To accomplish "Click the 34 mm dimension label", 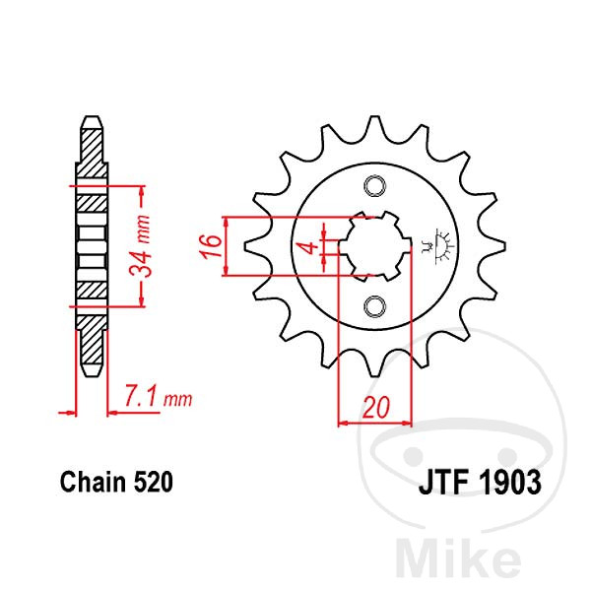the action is (140, 245).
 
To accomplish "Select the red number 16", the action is (211, 245).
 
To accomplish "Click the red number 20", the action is (376, 408).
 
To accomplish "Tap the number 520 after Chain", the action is (154, 482).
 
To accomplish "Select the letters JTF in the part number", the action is (443, 483).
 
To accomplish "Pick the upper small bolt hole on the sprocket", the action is (375, 186).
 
